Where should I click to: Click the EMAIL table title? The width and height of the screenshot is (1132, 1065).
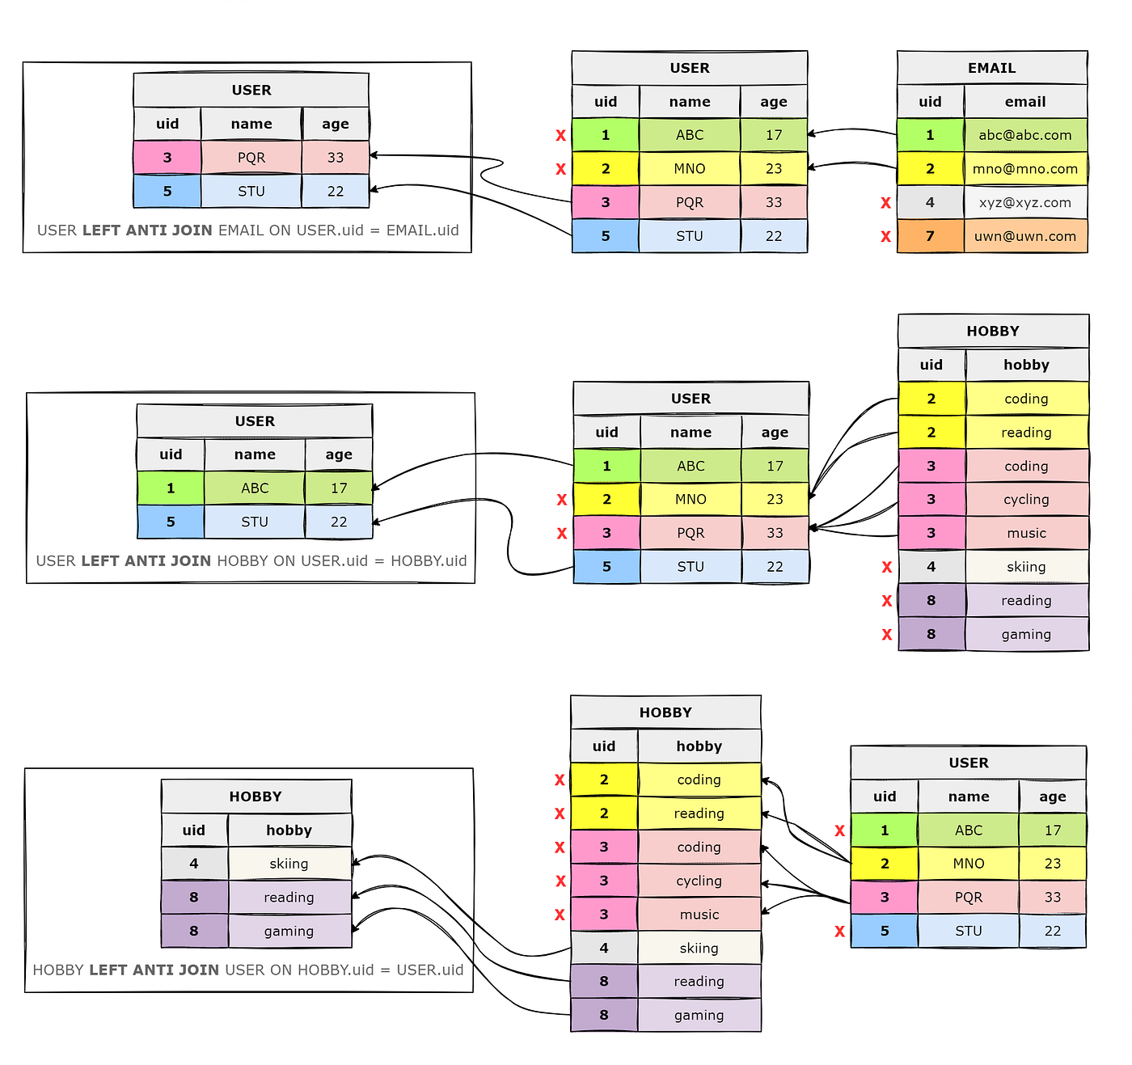(991, 68)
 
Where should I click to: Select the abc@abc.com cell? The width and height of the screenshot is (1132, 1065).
(1024, 135)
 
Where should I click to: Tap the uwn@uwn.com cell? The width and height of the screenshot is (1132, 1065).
(1024, 236)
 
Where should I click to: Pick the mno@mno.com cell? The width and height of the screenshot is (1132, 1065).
(1024, 169)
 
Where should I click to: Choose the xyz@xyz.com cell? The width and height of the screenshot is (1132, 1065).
(1024, 202)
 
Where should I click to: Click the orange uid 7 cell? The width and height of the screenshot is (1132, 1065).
(930, 236)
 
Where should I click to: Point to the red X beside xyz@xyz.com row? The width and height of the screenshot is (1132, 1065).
(885, 203)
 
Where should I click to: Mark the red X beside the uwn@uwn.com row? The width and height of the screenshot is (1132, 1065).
(885, 237)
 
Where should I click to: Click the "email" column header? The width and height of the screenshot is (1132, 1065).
(1024, 102)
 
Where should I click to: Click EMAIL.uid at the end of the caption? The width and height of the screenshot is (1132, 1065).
(422, 230)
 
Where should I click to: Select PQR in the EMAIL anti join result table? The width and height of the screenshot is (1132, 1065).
(251, 158)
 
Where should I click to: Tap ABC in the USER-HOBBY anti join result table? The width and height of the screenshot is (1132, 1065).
(255, 488)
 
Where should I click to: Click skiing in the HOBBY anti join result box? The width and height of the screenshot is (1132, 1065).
(289, 864)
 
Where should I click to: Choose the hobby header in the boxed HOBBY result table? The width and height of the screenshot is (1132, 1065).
(289, 830)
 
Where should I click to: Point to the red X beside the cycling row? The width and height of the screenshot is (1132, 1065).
(560, 881)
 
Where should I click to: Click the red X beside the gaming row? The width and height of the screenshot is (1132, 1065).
(887, 635)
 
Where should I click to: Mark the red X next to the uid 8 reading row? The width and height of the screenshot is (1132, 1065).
(887, 601)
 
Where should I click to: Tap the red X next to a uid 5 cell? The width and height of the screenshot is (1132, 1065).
(839, 932)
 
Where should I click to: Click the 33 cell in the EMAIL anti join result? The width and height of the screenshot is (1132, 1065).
(336, 158)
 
